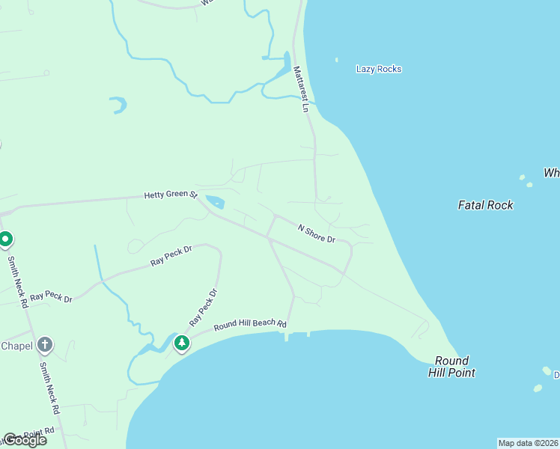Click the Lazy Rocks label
coord(379,69)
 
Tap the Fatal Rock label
coord(485,204)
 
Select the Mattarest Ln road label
coord(301,89)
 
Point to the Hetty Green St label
coord(170,195)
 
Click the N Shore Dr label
coord(316,233)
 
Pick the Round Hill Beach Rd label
coord(250,326)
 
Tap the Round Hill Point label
coord(451,367)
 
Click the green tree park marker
coord(181,343)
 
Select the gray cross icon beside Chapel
coord(45,345)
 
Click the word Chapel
coord(16,346)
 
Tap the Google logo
coord(25,440)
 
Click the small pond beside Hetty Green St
coord(215,202)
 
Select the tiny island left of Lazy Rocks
coord(336,60)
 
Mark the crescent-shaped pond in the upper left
coord(118,105)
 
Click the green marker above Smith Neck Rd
coord(6,240)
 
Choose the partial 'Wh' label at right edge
coord(552,173)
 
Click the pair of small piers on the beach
coord(296,336)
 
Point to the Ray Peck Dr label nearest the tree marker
coord(203,307)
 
